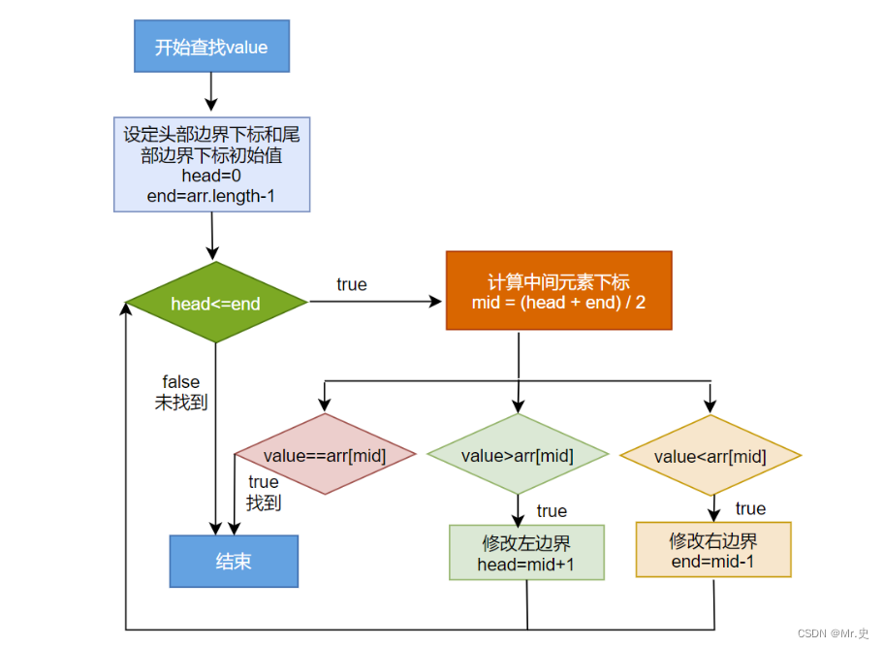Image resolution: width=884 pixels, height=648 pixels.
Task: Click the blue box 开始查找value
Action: coord(211,47)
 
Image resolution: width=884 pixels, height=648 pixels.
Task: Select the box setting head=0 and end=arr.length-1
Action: coord(211,164)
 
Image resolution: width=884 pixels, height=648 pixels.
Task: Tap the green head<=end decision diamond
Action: coord(216,303)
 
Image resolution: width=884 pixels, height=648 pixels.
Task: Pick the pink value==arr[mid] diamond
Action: coord(325,455)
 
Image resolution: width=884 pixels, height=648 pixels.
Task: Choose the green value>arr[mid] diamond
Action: coord(517,455)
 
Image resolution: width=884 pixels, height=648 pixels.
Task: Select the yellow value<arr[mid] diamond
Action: coord(710,456)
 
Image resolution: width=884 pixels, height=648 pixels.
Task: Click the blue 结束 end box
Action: coord(234,562)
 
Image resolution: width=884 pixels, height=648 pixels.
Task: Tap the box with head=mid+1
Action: coord(526,553)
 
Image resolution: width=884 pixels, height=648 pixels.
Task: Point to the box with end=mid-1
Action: coord(713,550)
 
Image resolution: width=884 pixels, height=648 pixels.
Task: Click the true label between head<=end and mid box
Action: coord(352,284)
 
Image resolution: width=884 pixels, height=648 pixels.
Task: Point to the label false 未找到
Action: coord(181,392)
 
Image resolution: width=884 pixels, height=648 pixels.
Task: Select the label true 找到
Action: coord(263,492)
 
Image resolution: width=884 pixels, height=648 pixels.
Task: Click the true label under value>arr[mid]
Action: coord(552,510)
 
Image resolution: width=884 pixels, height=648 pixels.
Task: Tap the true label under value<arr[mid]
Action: coord(750,508)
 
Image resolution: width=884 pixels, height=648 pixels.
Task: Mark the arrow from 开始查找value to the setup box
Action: coord(211,92)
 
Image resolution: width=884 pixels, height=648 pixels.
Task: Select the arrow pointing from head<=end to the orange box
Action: coord(374,302)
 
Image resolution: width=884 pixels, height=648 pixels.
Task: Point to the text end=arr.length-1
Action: coord(211,195)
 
